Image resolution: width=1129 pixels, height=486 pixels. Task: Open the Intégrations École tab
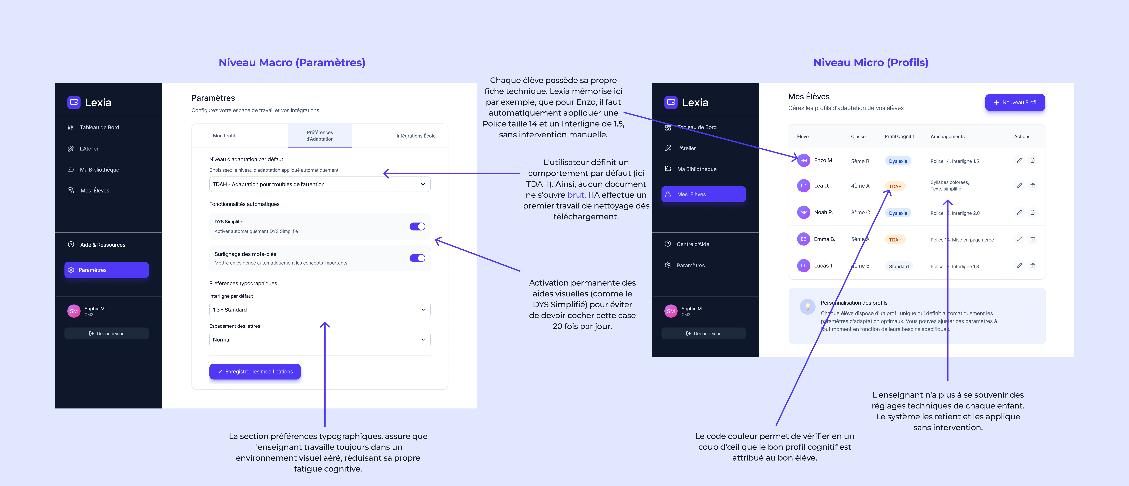click(415, 136)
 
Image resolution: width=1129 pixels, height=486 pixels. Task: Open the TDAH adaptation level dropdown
click(319, 184)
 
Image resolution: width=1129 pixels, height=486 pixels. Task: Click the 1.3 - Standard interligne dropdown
click(319, 310)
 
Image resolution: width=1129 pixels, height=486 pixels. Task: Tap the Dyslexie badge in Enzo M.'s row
click(898, 161)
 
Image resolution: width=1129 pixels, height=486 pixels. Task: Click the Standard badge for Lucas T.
click(898, 266)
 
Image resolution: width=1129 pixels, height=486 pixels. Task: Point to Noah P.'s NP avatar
click(803, 212)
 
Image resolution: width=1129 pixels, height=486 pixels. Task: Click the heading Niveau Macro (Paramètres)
click(292, 63)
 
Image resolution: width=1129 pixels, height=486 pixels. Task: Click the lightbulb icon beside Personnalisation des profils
click(807, 307)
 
